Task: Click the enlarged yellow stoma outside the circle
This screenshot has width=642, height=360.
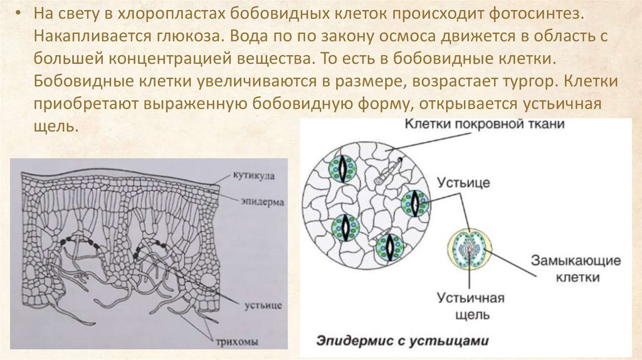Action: click(x=470, y=250)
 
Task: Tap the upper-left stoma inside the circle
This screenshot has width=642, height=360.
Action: click(x=342, y=168)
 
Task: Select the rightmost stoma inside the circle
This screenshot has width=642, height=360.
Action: click(x=414, y=202)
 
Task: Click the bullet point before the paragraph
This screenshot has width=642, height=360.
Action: click(x=18, y=14)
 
